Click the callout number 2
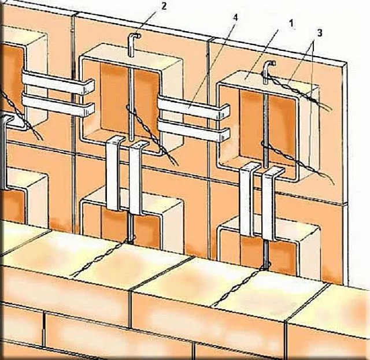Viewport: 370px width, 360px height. tap(164, 6)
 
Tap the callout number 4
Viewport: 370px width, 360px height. tap(235, 17)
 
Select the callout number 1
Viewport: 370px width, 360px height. tap(291, 23)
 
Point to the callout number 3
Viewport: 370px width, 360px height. tap(319, 33)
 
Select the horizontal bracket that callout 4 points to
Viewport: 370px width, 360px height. tap(194, 107)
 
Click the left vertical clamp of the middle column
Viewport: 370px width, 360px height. tap(114, 173)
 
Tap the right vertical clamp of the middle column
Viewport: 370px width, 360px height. tap(137, 177)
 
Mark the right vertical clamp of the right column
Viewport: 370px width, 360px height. tap(271, 203)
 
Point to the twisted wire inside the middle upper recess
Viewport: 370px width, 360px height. tap(152, 135)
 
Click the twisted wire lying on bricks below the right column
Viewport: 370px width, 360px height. tap(238, 287)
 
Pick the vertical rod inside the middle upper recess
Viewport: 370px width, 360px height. tap(132, 104)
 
